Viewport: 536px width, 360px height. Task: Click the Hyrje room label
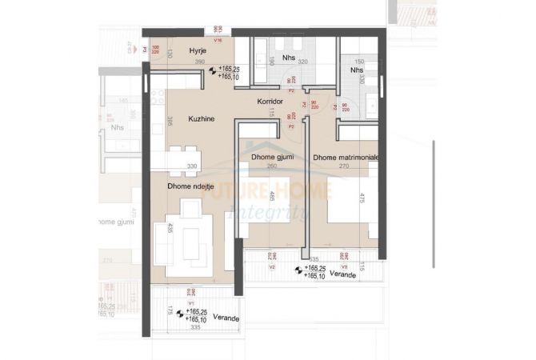pos(198,51)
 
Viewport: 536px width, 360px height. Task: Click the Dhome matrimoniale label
pos(346,158)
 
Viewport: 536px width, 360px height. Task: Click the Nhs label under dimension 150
pos(357,70)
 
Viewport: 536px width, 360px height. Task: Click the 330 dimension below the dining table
pos(192,166)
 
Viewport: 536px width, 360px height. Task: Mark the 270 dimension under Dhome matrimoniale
pos(346,168)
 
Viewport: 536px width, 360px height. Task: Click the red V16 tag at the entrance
pos(218,38)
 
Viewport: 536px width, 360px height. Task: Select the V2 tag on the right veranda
pos(272,267)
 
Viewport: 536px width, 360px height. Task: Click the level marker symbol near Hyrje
pos(212,70)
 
